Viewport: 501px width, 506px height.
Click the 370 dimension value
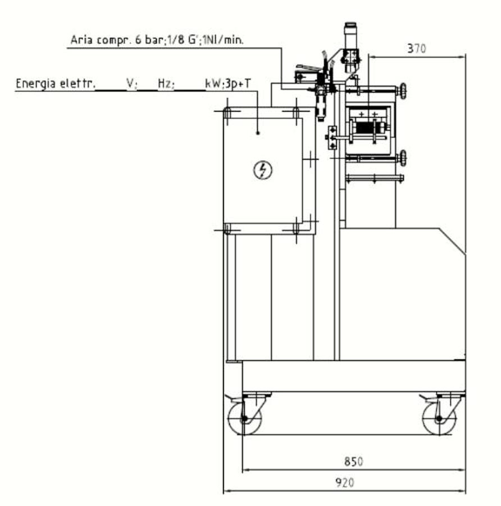tap(417, 49)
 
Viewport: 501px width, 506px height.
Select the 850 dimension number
tap(353, 462)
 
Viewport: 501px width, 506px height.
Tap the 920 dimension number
tap(345, 483)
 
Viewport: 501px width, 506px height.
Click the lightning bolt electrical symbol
tap(263, 170)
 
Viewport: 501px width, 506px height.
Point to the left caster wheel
tap(244, 418)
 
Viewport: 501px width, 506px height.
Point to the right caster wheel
tap(439, 418)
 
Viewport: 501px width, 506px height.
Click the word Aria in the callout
tap(81, 40)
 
